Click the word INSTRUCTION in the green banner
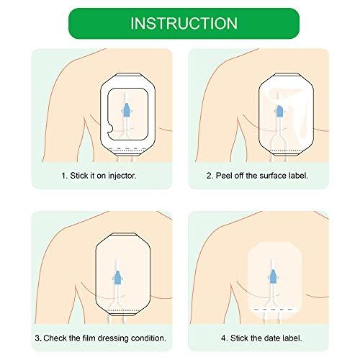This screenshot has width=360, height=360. point(184,23)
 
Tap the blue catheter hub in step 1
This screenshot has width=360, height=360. point(127,110)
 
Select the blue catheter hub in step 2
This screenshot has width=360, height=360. point(279,111)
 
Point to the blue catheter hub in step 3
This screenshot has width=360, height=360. point(117,278)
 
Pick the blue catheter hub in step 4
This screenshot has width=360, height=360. point(273,276)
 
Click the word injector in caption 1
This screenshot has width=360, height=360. point(122,176)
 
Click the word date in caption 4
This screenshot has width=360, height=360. point(272,338)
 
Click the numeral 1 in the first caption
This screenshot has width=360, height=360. point(63,176)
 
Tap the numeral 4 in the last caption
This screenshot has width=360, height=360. point(223,338)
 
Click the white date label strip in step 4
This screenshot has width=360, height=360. point(274,310)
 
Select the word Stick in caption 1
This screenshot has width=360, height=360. point(79,176)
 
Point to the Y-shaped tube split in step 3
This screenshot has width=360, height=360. point(117,304)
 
